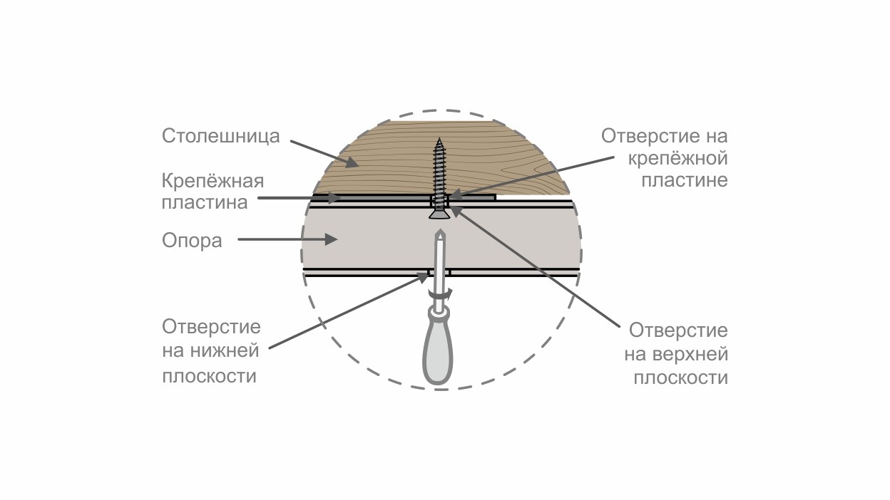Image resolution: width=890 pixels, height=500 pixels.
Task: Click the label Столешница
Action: tap(220, 137)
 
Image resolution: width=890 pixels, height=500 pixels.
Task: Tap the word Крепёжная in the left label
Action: tap(213, 182)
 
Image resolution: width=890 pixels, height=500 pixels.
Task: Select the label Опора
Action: tap(192, 241)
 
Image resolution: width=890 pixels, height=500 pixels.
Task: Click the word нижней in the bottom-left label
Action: tap(225, 351)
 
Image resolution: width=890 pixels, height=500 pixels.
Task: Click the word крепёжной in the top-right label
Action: tap(677, 159)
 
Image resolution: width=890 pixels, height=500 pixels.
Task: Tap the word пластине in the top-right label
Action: tap(685, 180)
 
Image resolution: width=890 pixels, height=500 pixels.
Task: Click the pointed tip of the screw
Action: tap(439, 138)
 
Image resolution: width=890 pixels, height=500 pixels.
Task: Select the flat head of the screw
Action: tap(439, 214)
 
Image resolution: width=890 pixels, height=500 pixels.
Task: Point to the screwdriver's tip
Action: tap(439, 231)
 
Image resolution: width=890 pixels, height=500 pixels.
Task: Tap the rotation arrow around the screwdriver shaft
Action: tap(440, 293)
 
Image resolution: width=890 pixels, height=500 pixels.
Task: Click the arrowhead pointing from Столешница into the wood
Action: tap(352, 162)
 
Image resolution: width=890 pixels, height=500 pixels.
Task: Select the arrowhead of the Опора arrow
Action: tap(332, 239)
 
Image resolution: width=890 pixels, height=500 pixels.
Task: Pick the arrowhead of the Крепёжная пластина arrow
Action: tap(334, 197)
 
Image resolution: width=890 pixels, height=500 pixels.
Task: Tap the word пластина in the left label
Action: tap(205, 203)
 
